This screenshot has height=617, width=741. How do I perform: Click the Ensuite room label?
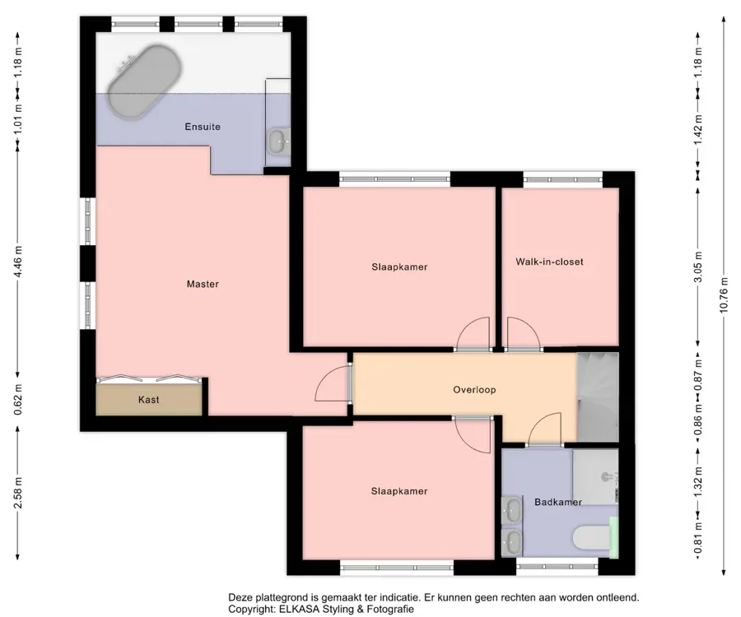coord(203,127)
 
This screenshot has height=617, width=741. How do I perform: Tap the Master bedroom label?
coord(203,284)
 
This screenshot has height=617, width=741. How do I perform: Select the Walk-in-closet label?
coord(549,262)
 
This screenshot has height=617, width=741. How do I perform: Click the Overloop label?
coord(474,389)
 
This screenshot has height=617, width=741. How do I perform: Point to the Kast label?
coord(148,399)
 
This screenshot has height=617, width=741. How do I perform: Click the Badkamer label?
coord(557,502)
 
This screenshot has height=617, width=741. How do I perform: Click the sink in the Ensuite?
coord(279,141)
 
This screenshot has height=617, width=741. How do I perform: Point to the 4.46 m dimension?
coord(18,261)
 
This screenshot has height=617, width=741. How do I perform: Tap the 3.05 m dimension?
coord(698,267)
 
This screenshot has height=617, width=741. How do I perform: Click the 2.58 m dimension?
coord(18,493)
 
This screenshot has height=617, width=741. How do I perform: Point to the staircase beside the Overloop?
coord(598,397)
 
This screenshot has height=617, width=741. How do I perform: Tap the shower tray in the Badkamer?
coord(595,477)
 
